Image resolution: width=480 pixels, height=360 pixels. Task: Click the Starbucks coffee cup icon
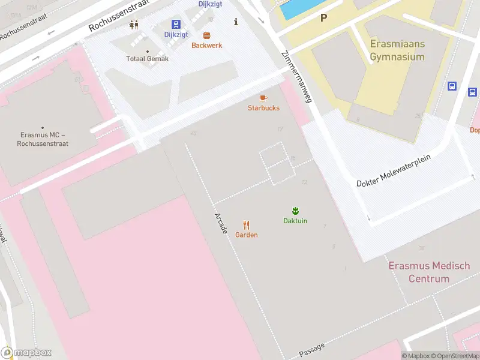click(263, 98)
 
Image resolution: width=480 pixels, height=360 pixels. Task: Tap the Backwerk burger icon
click(206, 35)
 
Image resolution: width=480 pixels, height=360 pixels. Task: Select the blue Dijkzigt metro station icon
click(176, 24)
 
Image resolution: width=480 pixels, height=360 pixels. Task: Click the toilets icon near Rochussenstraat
click(134, 25)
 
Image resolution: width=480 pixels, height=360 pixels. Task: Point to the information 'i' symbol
click(236, 22)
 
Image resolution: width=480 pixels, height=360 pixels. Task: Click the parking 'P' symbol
click(323, 18)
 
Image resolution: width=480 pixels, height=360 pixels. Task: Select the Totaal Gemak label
click(147, 59)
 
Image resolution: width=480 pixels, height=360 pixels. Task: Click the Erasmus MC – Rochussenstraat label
click(43, 139)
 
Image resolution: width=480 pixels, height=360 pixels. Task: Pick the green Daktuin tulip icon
click(295, 211)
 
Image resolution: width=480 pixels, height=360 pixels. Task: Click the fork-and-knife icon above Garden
click(247, 225)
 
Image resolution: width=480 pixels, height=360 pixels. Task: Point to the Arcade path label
click(220, 223)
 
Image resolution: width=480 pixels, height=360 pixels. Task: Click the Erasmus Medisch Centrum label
click(429, 272)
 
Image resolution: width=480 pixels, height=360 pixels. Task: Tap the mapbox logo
click(26, 352)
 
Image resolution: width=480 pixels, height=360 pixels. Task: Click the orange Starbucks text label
click(263, 108)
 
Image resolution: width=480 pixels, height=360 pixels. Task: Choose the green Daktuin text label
click(295, 221)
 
